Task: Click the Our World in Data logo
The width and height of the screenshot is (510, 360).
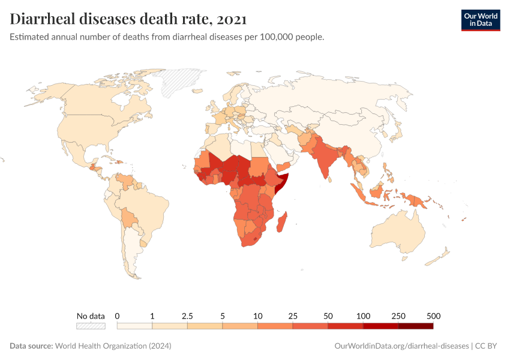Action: (x=480, y=20)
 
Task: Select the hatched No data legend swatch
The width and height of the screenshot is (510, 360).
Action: (x=91, y=326)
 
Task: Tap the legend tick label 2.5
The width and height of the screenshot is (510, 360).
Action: (x=187, y=316)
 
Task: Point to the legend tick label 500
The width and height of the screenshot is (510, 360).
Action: (x=433, y=316)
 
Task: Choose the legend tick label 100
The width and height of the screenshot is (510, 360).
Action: (x=363, y=316)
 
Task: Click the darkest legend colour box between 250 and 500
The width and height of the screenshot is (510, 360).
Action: (x=415, y=326)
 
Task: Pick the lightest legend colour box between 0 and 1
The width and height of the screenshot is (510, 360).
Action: (x=134, y=326)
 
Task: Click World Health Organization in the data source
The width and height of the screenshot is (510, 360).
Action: (x=113, y=346)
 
